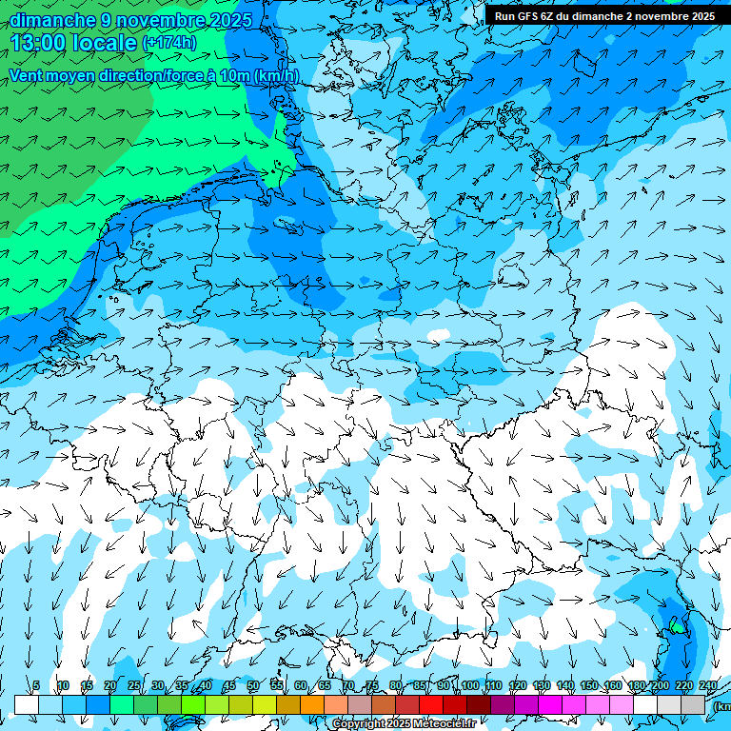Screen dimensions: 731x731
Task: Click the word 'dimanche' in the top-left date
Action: coord(52,20)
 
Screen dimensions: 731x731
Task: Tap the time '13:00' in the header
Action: coord(42,42)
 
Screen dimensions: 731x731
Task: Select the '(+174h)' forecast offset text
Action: coord(168,43)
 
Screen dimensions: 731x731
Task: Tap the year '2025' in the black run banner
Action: coord(701,16)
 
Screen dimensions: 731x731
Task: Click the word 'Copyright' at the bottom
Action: coord(360,723)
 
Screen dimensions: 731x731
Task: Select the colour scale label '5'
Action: coord(36,685)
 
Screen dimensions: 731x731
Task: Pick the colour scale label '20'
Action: coord(109,685)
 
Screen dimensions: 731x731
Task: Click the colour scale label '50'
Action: coord(253,685)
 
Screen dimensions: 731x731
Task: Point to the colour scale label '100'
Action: coord(469,685)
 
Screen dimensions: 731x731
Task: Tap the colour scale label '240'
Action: coord(708,685)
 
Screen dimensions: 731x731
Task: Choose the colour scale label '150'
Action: coord(589,685)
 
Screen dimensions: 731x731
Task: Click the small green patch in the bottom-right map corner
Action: coord(675,625)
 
